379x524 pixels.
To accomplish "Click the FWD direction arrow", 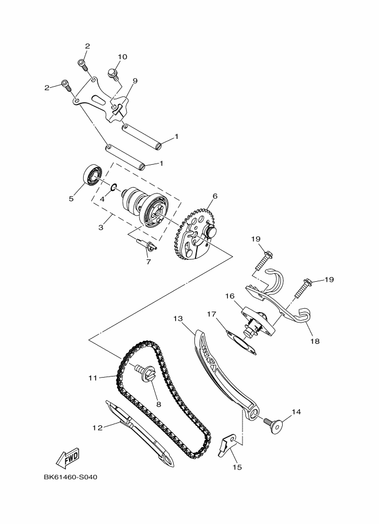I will point(68,457).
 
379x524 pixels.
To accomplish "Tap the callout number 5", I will point(72,199).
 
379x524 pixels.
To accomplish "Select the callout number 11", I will point(92,378).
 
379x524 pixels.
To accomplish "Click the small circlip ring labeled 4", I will point(114,187).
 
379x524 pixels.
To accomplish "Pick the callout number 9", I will point(135,81).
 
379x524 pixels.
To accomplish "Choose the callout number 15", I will point(237,467).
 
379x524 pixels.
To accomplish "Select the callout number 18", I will point(315,340).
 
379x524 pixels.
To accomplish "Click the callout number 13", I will point(178,317).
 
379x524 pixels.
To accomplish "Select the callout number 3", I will point(101,228).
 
